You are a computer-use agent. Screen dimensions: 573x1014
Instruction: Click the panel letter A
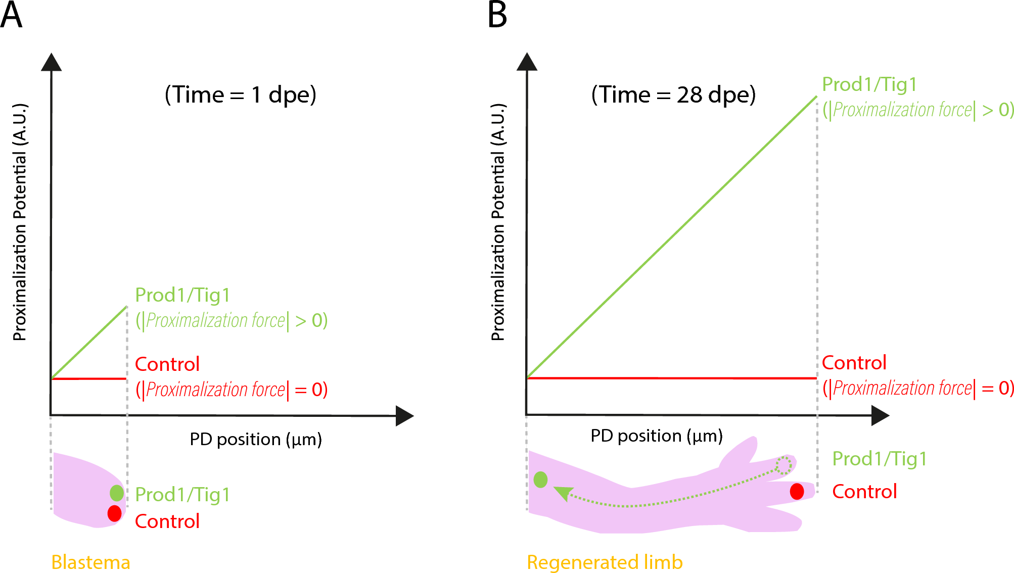tap(11, 15)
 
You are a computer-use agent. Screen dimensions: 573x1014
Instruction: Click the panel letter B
tap(497, 15)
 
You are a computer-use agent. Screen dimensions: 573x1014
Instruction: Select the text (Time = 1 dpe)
tap(241, 95)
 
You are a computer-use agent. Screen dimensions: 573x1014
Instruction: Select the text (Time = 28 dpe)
tap(673, 95)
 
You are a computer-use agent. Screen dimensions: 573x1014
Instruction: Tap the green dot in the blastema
tap(117, 493)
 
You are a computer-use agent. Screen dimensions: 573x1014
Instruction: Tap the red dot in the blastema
tap(115, 513)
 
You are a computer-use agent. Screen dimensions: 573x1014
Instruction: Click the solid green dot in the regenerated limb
tap(540, 480)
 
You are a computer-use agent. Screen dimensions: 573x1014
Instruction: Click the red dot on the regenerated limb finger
tap(797, 491)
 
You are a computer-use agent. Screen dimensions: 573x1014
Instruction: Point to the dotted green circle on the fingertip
tap(783, 465)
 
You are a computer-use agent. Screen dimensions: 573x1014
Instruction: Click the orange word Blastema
tap(91, 562)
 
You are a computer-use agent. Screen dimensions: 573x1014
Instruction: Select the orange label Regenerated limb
tap(605, 562)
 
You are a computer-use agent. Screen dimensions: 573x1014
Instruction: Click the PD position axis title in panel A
tap(256, 439)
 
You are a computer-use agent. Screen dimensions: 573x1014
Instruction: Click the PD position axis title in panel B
tap(657, 436)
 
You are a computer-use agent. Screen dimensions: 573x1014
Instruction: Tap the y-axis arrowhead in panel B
tap(527, 62)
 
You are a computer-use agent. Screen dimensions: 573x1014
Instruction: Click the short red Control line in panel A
tap(88, 378)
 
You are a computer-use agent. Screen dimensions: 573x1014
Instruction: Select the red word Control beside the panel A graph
tap(167, 364)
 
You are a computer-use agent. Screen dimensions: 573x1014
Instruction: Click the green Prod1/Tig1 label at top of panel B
tap(869, 84)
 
